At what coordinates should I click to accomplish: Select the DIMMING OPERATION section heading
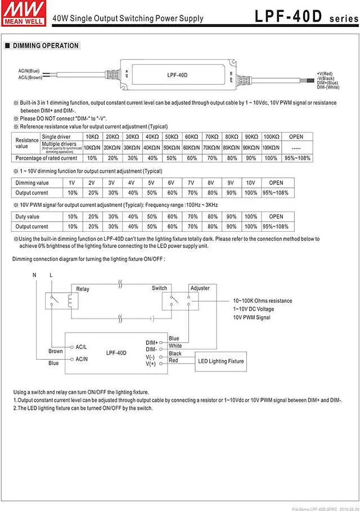46,46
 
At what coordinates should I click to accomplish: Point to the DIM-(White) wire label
328,87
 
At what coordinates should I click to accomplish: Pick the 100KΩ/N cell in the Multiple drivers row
271,147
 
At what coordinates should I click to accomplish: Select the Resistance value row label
26,142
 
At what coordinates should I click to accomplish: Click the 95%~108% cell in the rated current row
296,158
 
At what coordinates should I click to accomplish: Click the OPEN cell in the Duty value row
276,217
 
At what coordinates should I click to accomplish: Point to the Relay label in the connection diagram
83,289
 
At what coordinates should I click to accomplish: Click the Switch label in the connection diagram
159,288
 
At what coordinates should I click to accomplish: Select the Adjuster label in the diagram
200,288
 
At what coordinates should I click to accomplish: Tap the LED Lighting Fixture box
221,361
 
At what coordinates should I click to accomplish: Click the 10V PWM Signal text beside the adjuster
251,317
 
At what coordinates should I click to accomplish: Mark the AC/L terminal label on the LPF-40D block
81,347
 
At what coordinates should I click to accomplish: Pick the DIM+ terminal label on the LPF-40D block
151,342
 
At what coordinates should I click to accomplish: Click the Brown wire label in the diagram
55,351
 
